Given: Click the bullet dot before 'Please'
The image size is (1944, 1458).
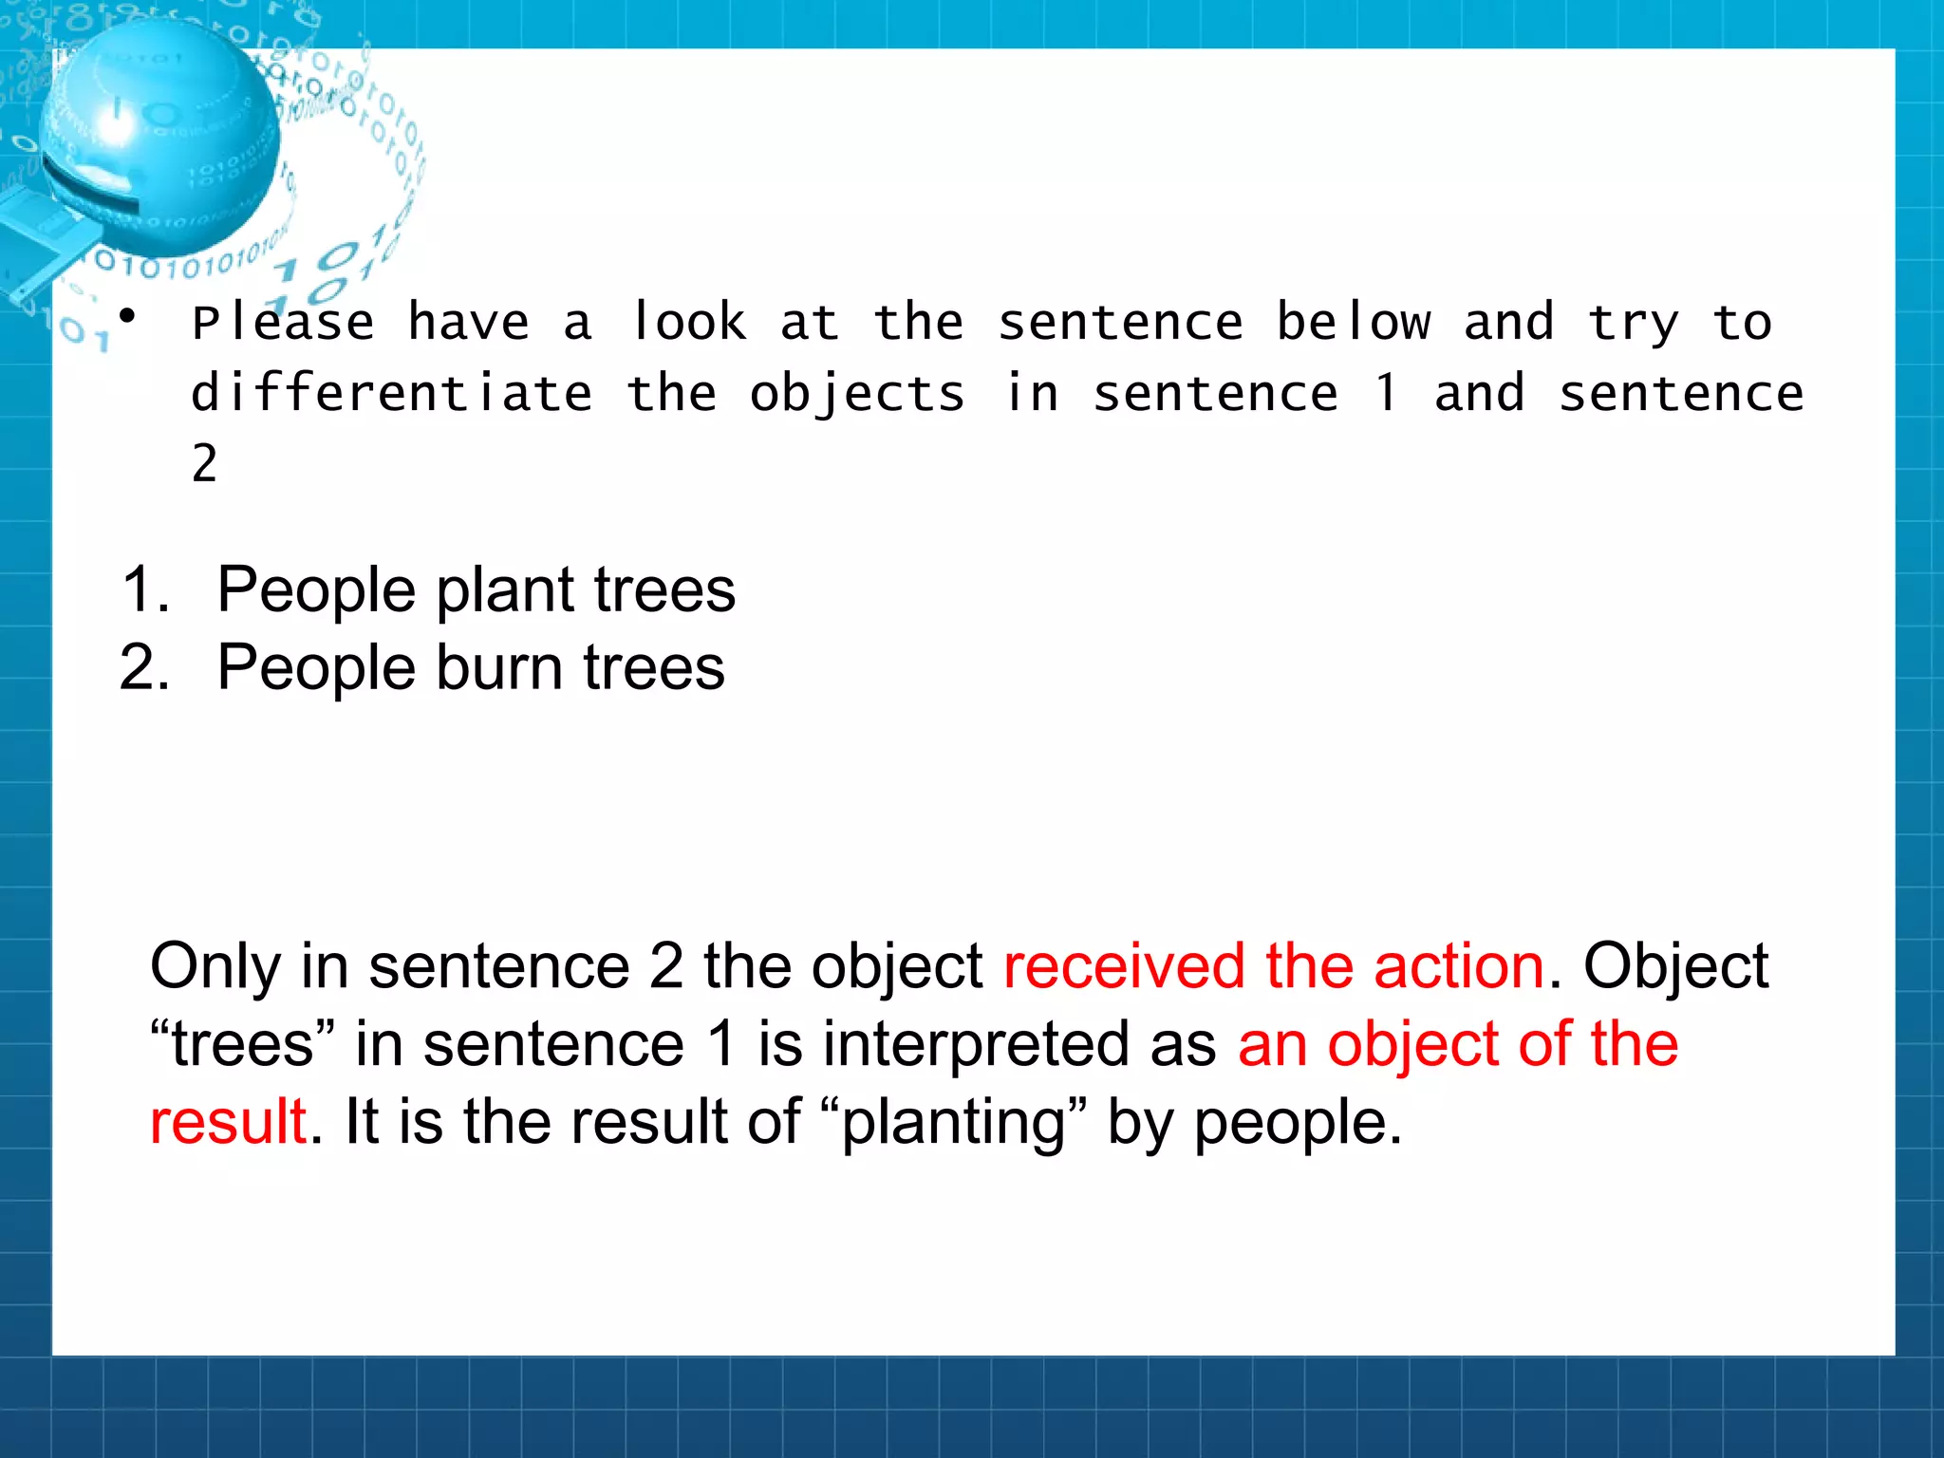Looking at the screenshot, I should pos(128,315).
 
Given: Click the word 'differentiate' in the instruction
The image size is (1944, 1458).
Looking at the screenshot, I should pos(392,394).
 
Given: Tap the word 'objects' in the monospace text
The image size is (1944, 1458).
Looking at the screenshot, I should pos(857,394).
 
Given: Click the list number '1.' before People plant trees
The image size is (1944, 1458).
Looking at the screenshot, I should pos(146,589).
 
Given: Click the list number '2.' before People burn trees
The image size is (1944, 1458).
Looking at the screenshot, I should pos(145,667).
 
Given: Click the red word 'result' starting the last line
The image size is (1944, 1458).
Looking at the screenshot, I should pos(228,1122).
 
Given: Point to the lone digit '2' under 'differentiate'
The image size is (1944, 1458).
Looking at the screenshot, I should pos(204,464).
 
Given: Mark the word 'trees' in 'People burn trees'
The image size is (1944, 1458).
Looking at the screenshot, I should pos(654,667).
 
